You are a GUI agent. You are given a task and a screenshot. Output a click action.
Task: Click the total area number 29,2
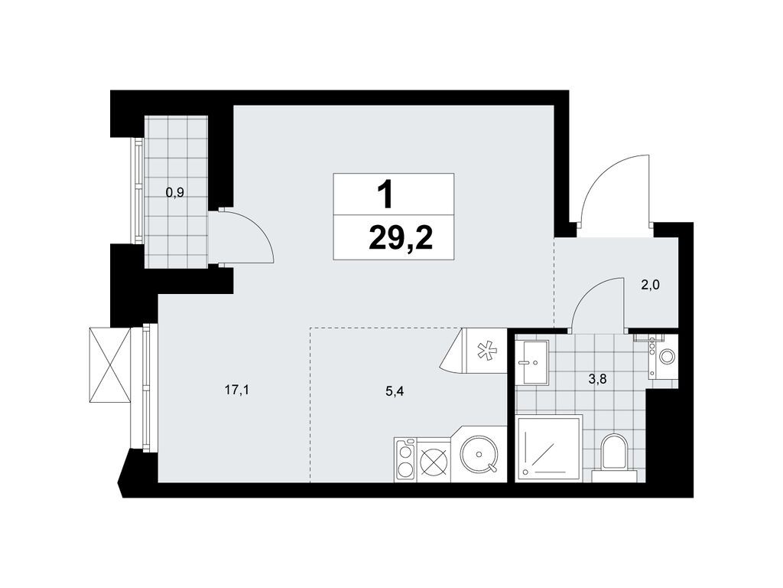tap(401, 240)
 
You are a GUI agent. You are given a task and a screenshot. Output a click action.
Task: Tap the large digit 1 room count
tap(385, 194)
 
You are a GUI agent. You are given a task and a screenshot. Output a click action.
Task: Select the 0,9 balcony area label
tap(175, 192)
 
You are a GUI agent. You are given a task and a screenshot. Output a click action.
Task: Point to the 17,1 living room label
tap(237, 390)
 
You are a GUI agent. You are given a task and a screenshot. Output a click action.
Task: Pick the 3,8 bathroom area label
tap(598, 380)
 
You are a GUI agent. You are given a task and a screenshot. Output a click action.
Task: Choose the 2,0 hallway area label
tap(651, 285)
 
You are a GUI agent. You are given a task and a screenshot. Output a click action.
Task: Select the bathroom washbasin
tap(532, 362)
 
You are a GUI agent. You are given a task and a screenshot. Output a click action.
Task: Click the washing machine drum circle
tap(666, 356)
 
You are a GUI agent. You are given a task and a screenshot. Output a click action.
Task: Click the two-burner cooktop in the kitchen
tap(405, 460)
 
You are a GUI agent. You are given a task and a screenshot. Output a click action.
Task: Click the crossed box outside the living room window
tap(110, 364)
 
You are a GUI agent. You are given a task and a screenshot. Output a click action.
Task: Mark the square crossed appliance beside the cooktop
tap(433, 460)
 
